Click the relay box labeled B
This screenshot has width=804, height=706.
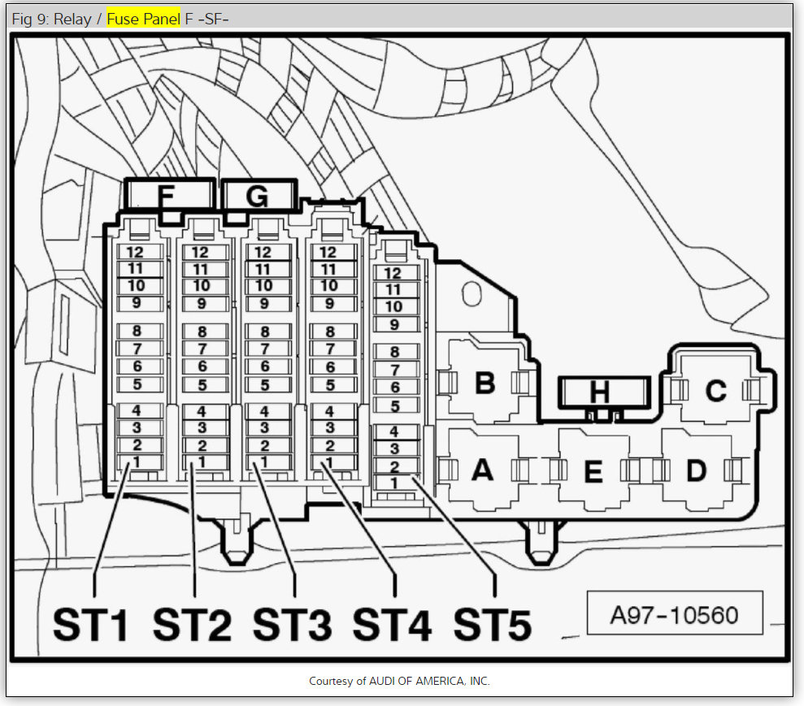pos(484,382)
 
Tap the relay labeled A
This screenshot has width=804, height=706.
pos(483,470)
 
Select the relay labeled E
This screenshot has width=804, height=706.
pos(593,470)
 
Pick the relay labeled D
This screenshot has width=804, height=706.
pos(697,470)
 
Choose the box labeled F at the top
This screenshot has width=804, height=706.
pos(169,195)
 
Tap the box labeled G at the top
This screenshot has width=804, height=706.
pos(259,195)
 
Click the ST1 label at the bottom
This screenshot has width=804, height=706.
pos(90,625)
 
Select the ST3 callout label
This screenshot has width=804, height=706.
pos(293,625)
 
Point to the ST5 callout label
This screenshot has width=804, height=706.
pos(493,625)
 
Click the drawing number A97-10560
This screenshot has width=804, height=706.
pos(674,615)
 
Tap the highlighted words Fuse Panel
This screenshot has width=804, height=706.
pos(143,19)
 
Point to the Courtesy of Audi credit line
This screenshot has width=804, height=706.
pos(399,681)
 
